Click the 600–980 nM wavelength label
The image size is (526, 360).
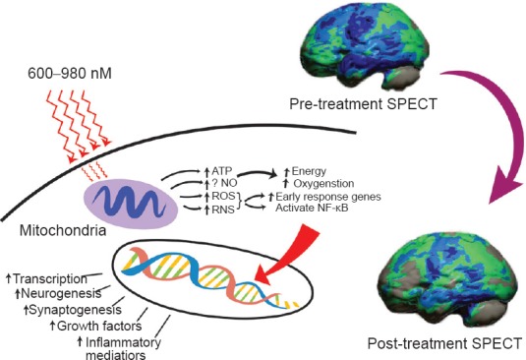click(x=70, y=74)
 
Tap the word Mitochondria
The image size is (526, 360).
click(x=63, y=231)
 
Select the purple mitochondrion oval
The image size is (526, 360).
click(x=131, y=203)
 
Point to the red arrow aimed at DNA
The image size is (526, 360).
click(x=288, y=254)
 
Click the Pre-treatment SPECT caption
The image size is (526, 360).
click(x=363, y=104)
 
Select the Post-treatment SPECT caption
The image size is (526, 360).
click(x=444, y=343)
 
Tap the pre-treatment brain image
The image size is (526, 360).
click(x=366, y=47)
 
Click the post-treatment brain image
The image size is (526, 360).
click(x=451, y=282)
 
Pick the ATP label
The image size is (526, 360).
click(x=222, y=171)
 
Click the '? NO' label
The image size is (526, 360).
click(x=224, y=183)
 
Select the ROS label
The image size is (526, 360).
click(x=224, y=196)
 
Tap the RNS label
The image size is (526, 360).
click(x=223, y=210)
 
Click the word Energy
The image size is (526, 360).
click(x=309, y=171)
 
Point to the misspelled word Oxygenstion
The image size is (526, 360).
click(x=323, y=184)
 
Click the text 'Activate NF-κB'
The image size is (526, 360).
click(x=312, y=208)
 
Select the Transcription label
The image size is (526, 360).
click(x=50, y=278)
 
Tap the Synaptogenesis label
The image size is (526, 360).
click(x=76, y=309)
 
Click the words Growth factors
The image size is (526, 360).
click(x=99, y=326)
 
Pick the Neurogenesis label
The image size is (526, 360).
click(x=61, y=293)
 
